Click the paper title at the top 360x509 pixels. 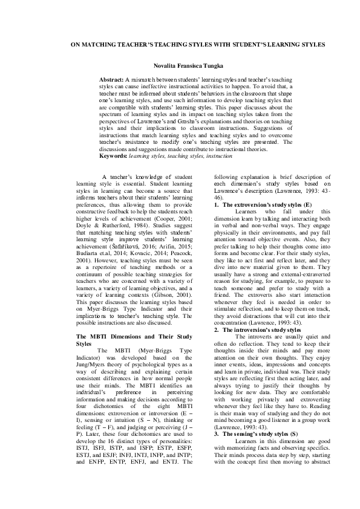[x=180, y=45]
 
